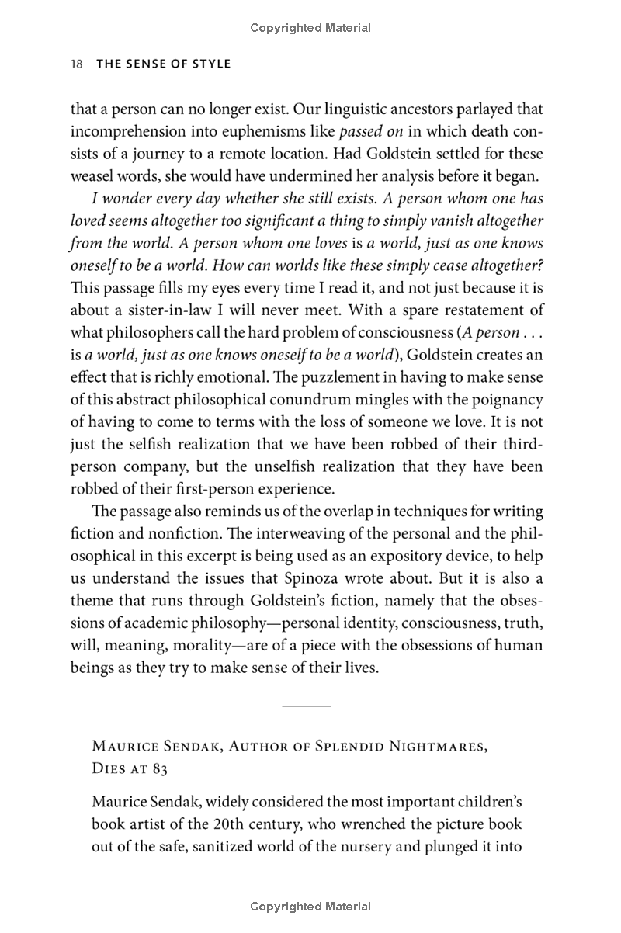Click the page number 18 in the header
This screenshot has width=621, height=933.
coord(76,64)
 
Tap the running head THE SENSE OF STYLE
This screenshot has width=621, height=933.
coord(163,64)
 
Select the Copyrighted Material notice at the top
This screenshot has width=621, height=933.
coord(310,28)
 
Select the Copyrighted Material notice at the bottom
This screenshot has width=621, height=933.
coord(310,906)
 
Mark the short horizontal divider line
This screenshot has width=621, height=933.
coord(306,706)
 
